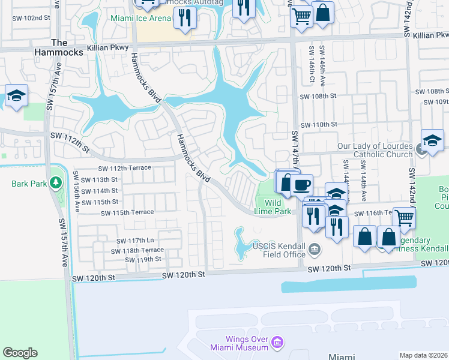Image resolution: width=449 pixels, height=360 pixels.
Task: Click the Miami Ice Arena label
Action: [139, 18]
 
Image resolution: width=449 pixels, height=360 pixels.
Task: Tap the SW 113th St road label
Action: [100, 179]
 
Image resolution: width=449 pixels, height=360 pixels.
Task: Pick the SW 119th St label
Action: [143, 260]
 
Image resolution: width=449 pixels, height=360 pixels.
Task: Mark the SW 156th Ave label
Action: [77, 190]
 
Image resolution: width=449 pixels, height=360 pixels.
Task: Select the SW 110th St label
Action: [319, 124]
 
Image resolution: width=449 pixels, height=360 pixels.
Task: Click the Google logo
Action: [20, 353]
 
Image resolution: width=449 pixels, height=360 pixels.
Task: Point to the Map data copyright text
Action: [423, 355]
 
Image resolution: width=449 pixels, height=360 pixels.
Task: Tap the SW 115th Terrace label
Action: [127, 212]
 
